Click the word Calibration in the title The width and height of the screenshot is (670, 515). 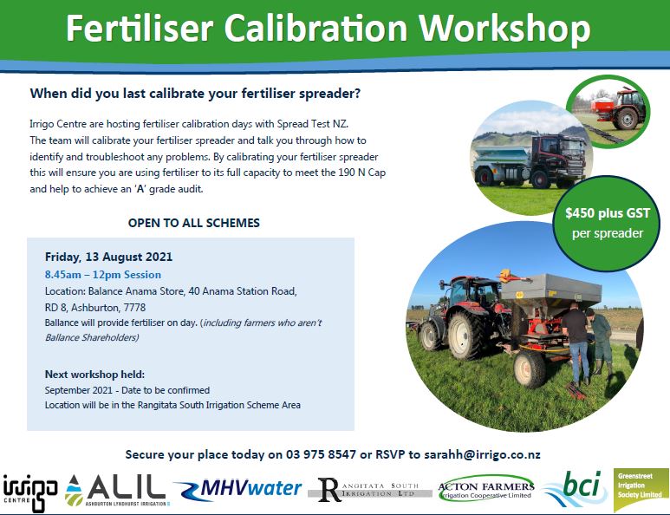click(315, 29)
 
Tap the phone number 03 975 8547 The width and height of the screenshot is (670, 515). click(321, 454)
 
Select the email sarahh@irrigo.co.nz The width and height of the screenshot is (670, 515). click(482, 454)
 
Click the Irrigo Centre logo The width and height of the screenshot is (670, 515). click(30, 492)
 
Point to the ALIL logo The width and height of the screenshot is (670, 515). click(115, 490)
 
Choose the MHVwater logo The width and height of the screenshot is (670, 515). click(238, 489)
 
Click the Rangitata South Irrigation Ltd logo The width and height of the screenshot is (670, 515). click(369, 490)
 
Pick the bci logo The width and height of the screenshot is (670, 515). click(576, 488)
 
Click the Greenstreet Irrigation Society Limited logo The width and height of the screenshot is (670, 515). click(641, 490)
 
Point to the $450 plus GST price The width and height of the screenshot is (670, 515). click(608, 212)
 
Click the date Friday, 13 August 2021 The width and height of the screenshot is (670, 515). click(108, 257)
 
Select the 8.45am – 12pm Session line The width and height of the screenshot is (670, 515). click(103, 275)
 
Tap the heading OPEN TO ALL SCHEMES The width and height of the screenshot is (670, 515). click(194, 223)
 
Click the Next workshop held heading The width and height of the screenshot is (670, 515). click(94, 375)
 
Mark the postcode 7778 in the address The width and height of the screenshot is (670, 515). click(134, 308)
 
